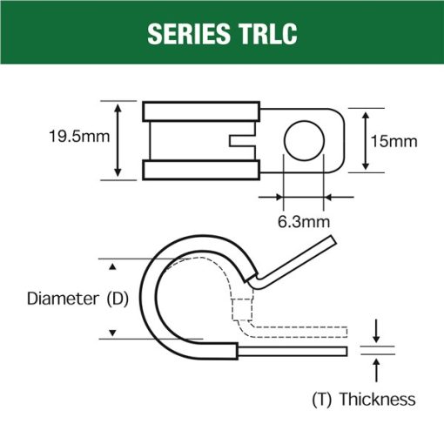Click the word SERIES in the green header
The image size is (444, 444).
pyautogui.click(x=189, y=34)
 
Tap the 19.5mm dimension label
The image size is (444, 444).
pyautogui.click(x=79, y=137)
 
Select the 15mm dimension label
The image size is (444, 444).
pyautogui.click(x=394, y=142)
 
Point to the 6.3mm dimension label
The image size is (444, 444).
pyautogui.click(x=304, y=222)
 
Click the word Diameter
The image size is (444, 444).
pyautogui.click(x=63, y=299)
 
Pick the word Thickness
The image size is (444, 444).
pyautogui.click(x=378, y=399)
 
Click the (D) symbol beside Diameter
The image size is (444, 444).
pyautogui.click(x=118, y=299)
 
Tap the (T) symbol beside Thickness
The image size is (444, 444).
pyautogui.click(x=322, y=400)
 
